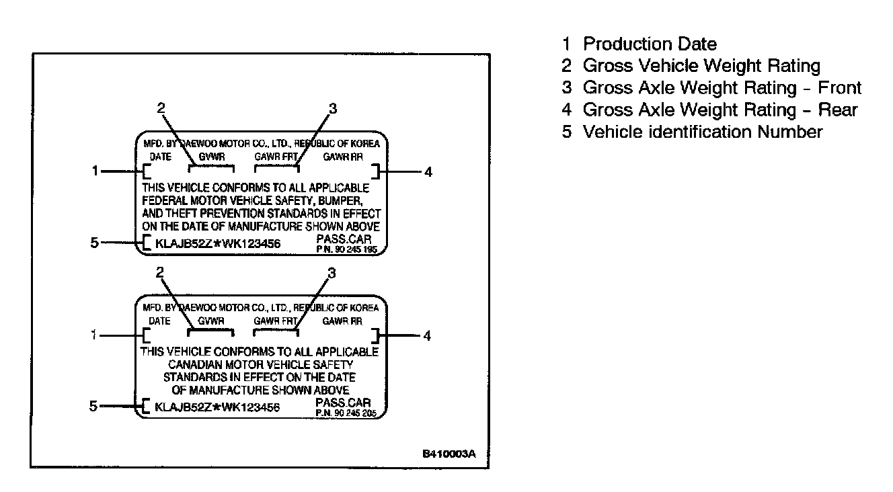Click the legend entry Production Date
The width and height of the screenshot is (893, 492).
[641, 44]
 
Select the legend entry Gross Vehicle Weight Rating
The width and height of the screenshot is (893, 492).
[693, 66]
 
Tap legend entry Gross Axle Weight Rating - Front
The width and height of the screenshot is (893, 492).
[713, 88]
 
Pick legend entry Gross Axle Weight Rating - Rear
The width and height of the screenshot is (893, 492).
[711, 110]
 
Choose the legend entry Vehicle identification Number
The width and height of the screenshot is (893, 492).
[693, 132]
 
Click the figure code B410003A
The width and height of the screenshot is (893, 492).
[449, 454]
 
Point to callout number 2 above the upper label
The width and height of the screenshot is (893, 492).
[160, 108]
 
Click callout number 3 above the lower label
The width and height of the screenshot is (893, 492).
[331, 273]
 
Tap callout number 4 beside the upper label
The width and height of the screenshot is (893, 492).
[428, 172]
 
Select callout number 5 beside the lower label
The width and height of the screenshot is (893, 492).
[93, 406]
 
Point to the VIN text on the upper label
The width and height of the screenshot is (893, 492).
[217, 243]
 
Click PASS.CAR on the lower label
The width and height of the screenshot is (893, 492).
[343, 403]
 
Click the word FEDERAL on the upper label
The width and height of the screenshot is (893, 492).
[167, 201]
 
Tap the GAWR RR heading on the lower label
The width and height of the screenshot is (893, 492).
[343, 321]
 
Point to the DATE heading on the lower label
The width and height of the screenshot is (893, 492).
[160, 321]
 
